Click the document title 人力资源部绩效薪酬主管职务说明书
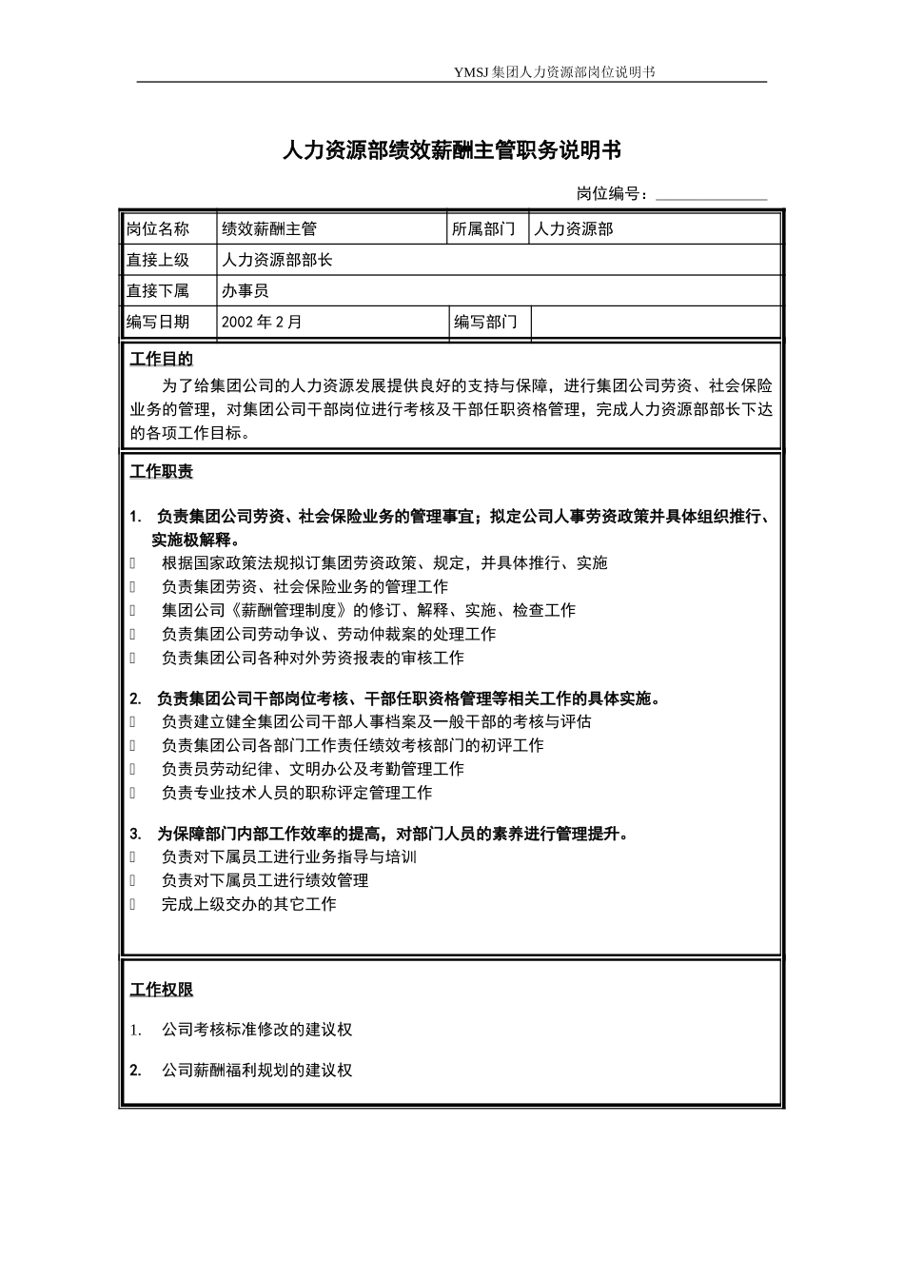(452, 150)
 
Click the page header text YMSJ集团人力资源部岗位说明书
(555, 72)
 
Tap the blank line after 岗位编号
(711, 195)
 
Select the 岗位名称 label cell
(158, 229)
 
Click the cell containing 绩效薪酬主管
(269, 229)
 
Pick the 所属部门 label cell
(484, 229)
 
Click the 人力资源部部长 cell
(277, 260)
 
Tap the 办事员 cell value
(246, 291)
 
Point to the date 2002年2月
(262, 322)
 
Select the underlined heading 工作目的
(161, 360)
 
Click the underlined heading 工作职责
(161, 472)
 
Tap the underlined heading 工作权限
(161, 990)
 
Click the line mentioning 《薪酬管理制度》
(368, 610)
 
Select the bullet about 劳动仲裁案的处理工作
(328, 634)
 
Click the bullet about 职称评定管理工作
(296, 793)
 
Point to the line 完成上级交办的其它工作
(248, 904)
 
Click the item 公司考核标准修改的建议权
(257, 1030)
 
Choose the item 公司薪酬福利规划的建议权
(257, 1070)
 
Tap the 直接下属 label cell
(158, 291)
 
